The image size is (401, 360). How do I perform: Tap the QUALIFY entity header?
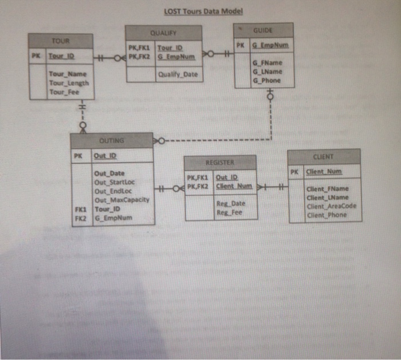point(164,33)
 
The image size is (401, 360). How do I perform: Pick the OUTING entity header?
point(111,140)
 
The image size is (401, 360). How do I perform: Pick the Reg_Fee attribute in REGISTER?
point(229,212)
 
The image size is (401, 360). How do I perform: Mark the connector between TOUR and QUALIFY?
point(109,57)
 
